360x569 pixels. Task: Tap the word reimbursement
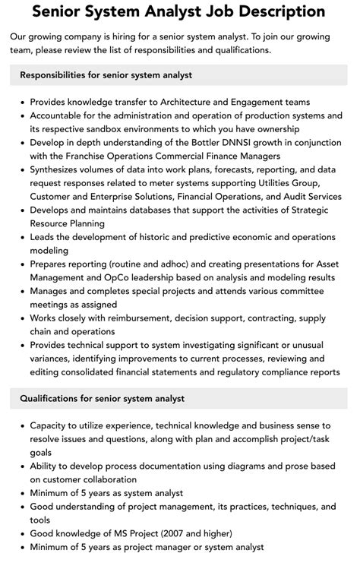tap(131, 319)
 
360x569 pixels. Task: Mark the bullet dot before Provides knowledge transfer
tap(21, 101)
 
